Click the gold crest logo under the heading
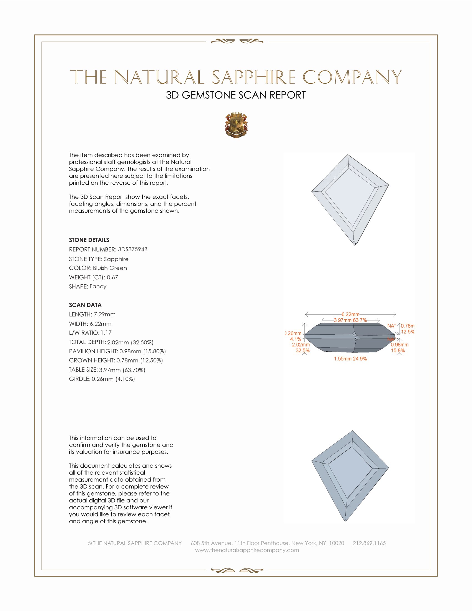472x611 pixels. point(236,125)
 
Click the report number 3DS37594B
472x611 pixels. point(132,249)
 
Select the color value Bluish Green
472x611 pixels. point(110,268)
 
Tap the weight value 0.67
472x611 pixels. point(112,277)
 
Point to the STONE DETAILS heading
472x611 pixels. point(89,240)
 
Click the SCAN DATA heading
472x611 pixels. point(85,305)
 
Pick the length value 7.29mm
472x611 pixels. point(105,314)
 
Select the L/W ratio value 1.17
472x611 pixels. point(106,333)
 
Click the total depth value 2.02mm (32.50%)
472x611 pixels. point(130,342)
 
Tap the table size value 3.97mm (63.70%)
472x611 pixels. point(122,370)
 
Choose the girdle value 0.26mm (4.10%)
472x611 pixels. point(113,379)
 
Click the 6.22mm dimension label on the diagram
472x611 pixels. point(350,314)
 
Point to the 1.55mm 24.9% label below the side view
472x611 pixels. point(350,359)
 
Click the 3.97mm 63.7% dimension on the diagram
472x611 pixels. point(350,320)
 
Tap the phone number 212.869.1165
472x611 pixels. point(369,543)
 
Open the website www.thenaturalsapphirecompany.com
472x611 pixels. point(247,550)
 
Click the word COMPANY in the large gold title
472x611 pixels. point(352,77)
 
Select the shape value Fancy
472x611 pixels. point(98,287)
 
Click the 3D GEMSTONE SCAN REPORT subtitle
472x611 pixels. point(236,95)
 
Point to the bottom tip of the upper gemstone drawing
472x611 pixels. point(355,245)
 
